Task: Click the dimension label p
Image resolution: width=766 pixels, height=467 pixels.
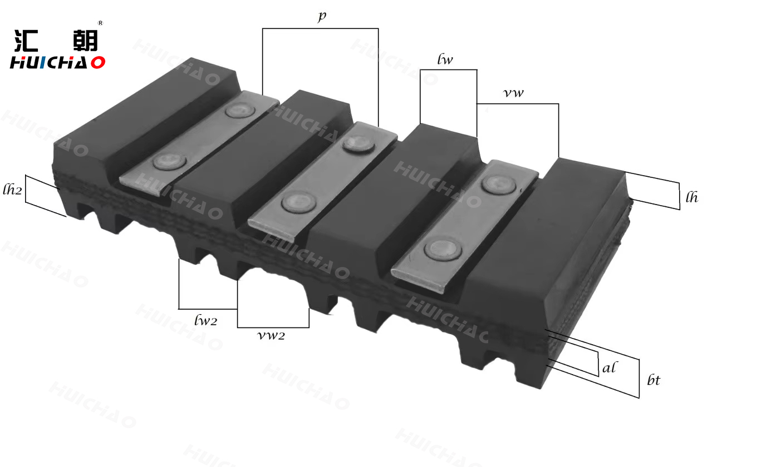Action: point(322,17)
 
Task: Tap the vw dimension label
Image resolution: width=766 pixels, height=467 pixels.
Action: point(513,93)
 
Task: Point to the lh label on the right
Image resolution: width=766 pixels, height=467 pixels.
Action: point(691,197)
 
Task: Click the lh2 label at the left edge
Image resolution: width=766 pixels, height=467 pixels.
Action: point(12,190)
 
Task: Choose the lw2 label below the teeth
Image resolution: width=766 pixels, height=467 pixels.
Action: point(205,320)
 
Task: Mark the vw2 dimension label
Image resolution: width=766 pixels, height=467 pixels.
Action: point(271,335)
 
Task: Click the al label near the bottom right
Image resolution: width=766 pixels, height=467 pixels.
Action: point(610,367)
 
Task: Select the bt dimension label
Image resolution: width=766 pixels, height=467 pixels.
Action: point(654,380)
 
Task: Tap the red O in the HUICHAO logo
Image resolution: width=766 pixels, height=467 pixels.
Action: point(98,63)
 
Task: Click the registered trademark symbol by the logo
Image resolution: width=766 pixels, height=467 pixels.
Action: point(100,23)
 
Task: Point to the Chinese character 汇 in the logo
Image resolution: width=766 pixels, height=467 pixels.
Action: point(27,41)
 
